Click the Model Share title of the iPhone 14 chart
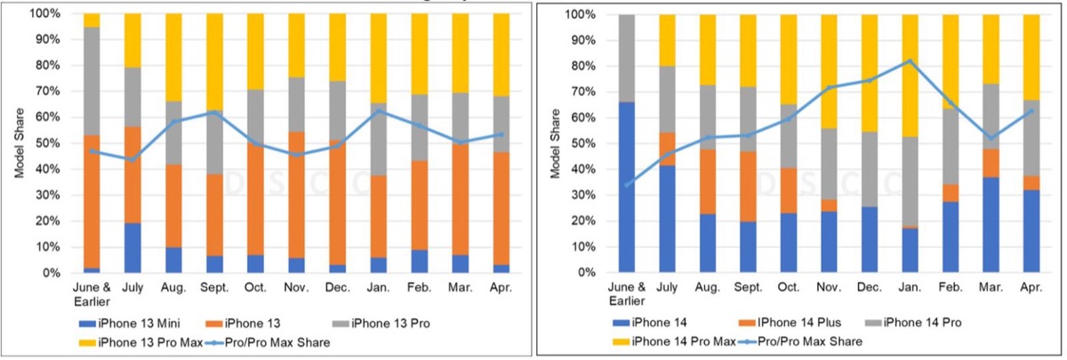[555, 143]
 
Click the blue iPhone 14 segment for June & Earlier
[627, 187]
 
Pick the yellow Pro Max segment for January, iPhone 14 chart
[910, 76]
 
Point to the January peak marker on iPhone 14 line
[910, 60]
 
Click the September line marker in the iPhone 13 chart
[214, 112]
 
